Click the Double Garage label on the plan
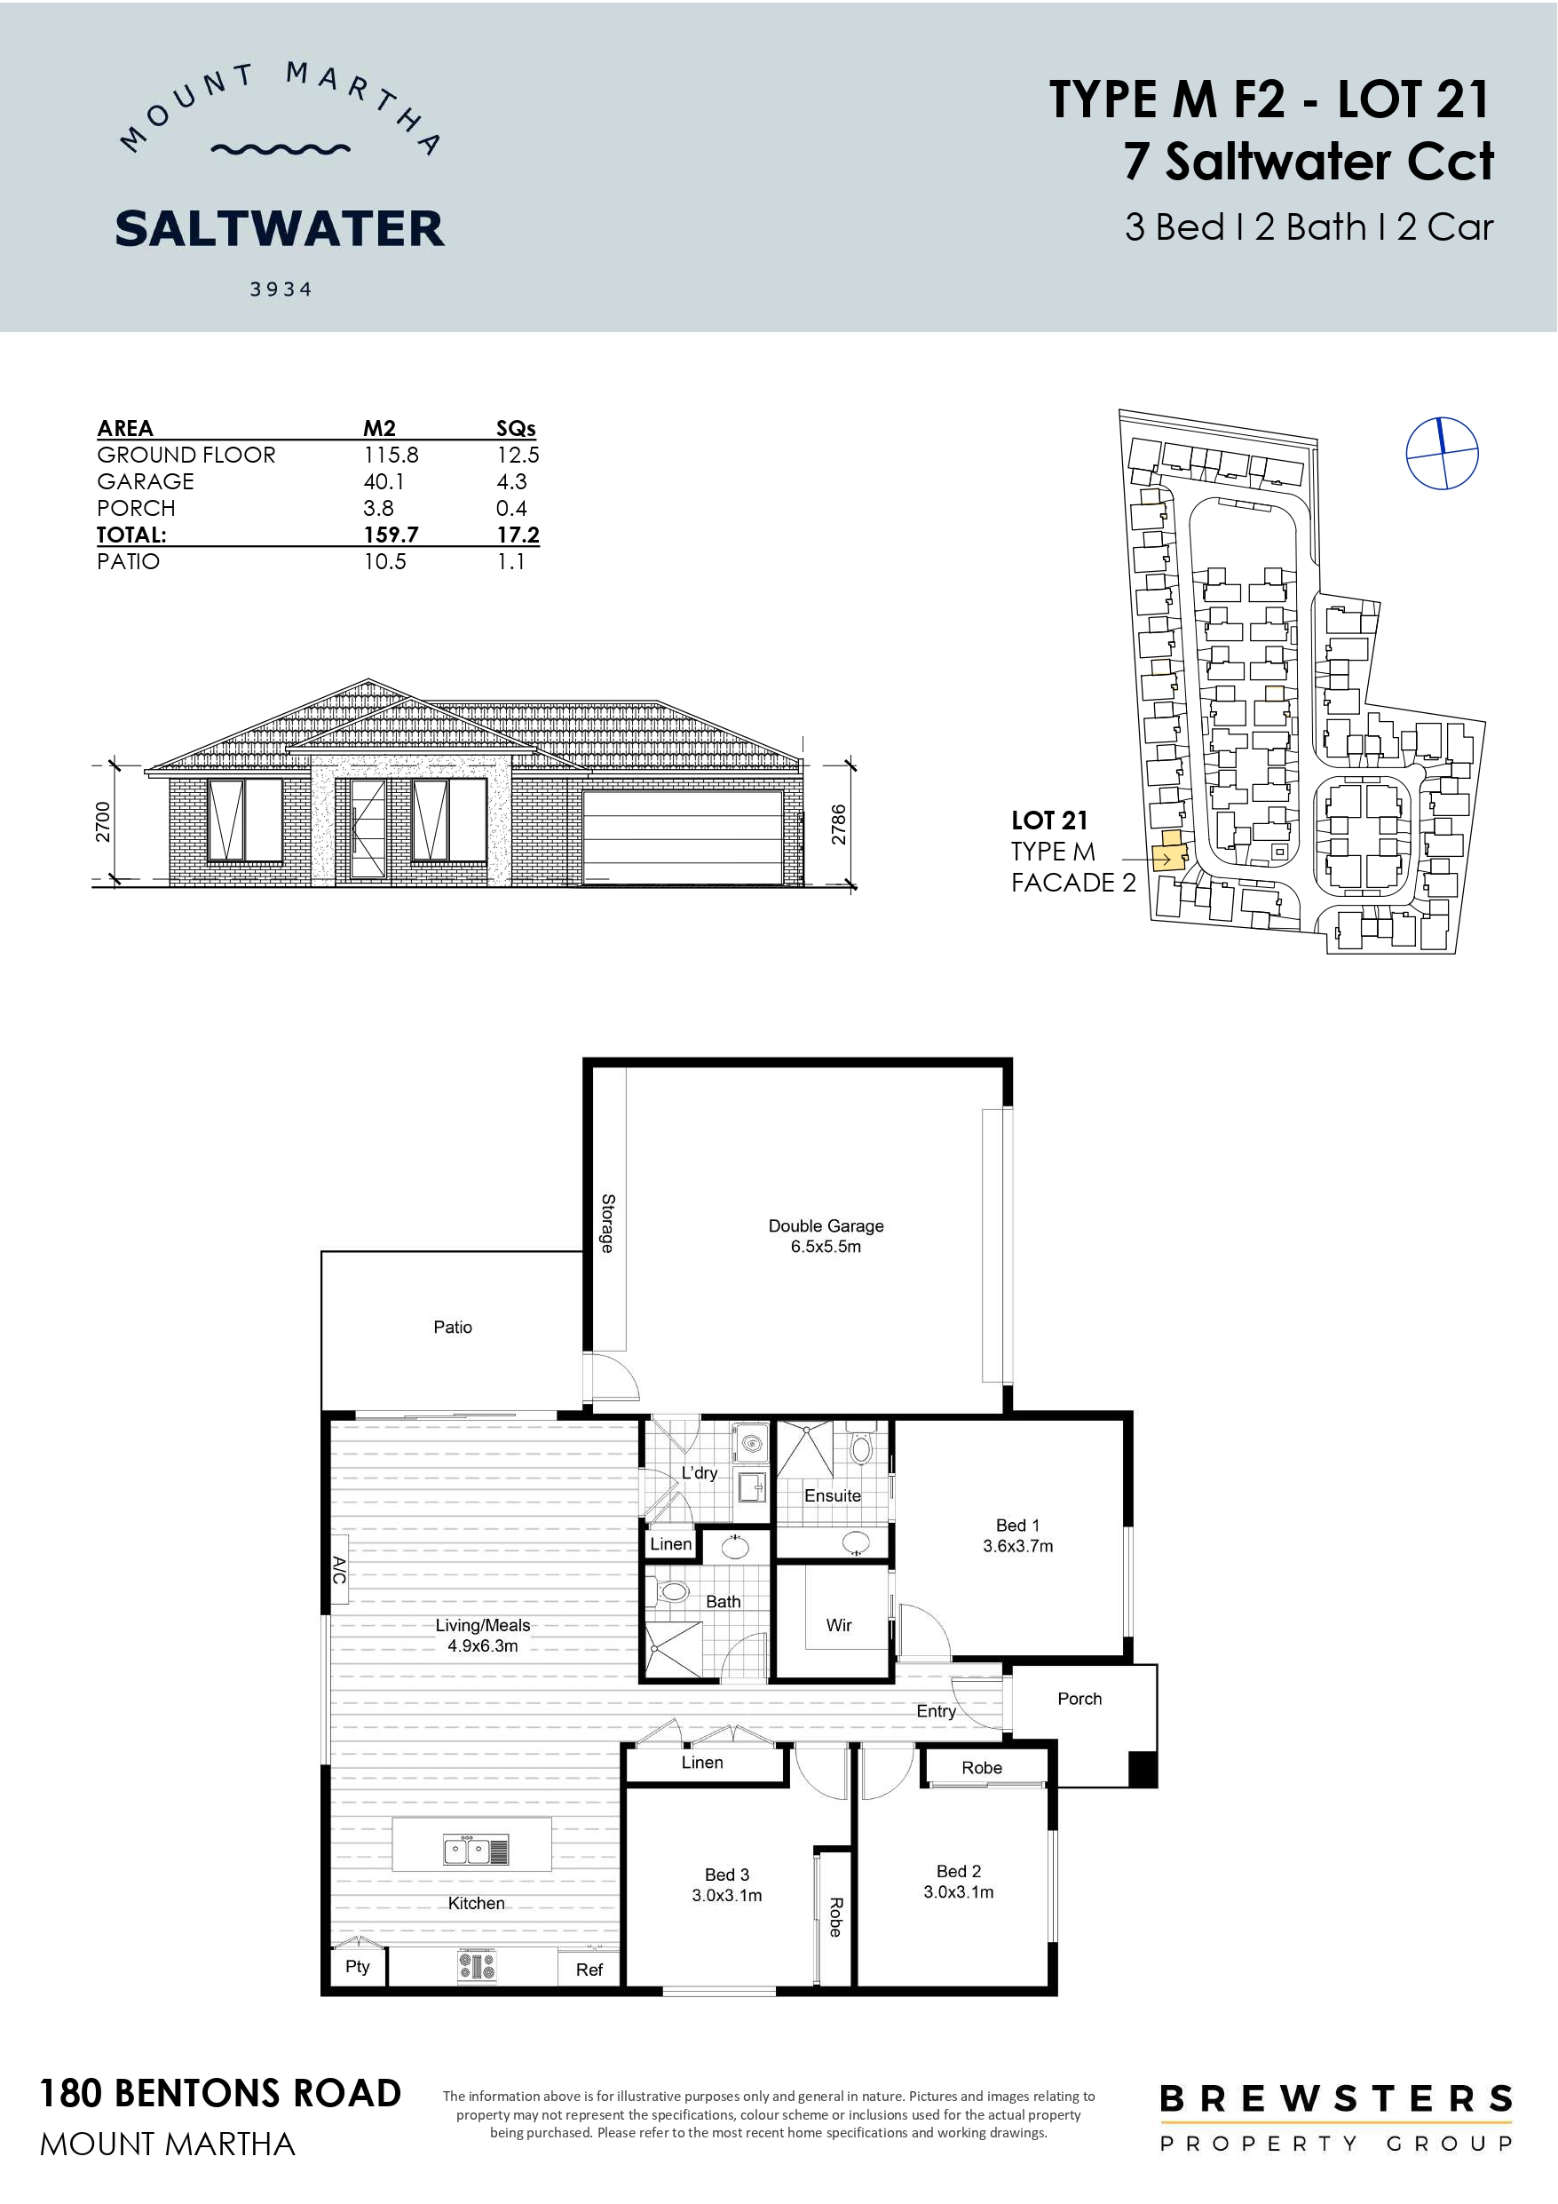[x=826, y=1225]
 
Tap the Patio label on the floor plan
[x=452, y=1327]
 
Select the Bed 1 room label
[x=1017, y=1525]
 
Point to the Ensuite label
[x=833, y=1494]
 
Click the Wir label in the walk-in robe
[x=839, y=1624]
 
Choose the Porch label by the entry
[x=1079, y=1698]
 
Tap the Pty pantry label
[x=357, y=1966]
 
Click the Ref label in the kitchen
[x=589, y=1970]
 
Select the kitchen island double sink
[x=476, y=1849]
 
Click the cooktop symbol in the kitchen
[x=476, y=1967]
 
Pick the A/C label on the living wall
[x=339, y=1571]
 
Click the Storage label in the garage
[x=606, y=1223]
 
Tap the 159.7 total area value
[x=391, y=535]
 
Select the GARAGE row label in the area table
[x=145, y=481]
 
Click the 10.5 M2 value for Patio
[x=384, y=561]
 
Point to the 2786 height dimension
[x=838, y=825]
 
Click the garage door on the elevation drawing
[x=683, y=836]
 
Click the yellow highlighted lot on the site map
[x=1168, y=851]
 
